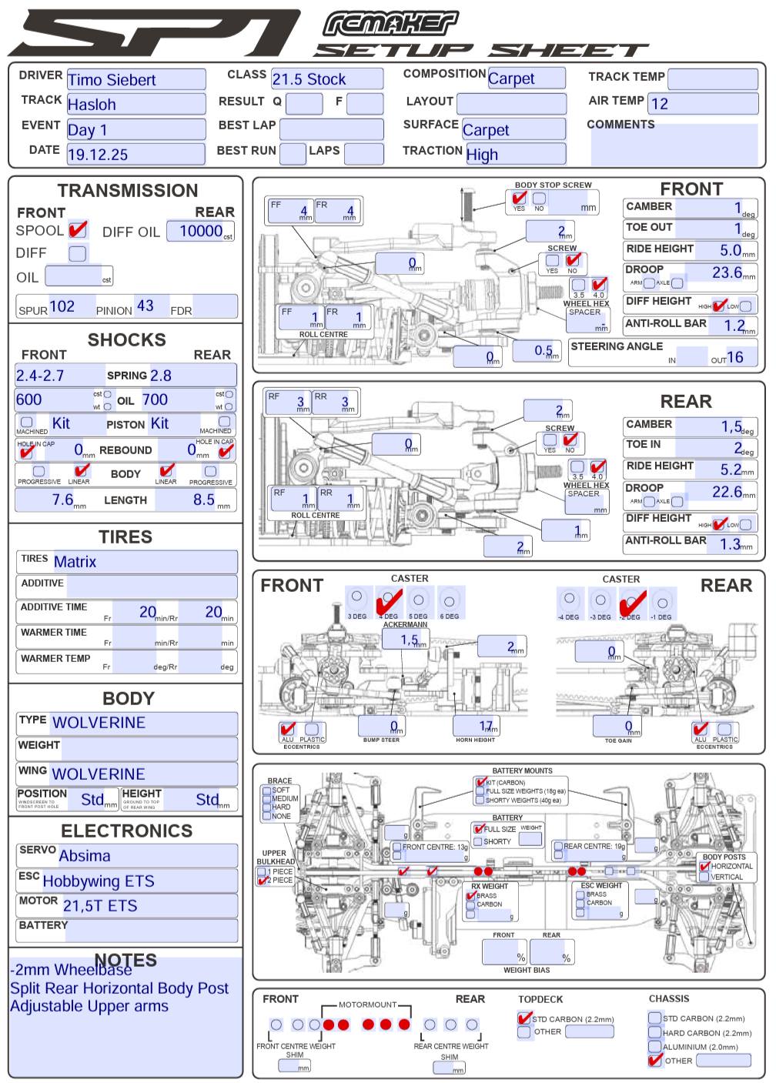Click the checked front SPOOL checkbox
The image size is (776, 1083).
click(x=77, y=230)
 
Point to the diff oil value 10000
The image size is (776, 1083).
click(x=201, y=231)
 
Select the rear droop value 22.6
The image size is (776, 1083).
click(x=727, y=492)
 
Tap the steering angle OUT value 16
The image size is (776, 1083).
click(x=734, y=356)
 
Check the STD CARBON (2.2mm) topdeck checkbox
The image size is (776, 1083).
click(x=524, y=1018)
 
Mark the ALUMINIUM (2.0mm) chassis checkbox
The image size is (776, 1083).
click(x=655, y=1046)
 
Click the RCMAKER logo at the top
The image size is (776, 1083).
click(x=390, y=24)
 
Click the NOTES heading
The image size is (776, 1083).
click(x=125, y=960)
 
